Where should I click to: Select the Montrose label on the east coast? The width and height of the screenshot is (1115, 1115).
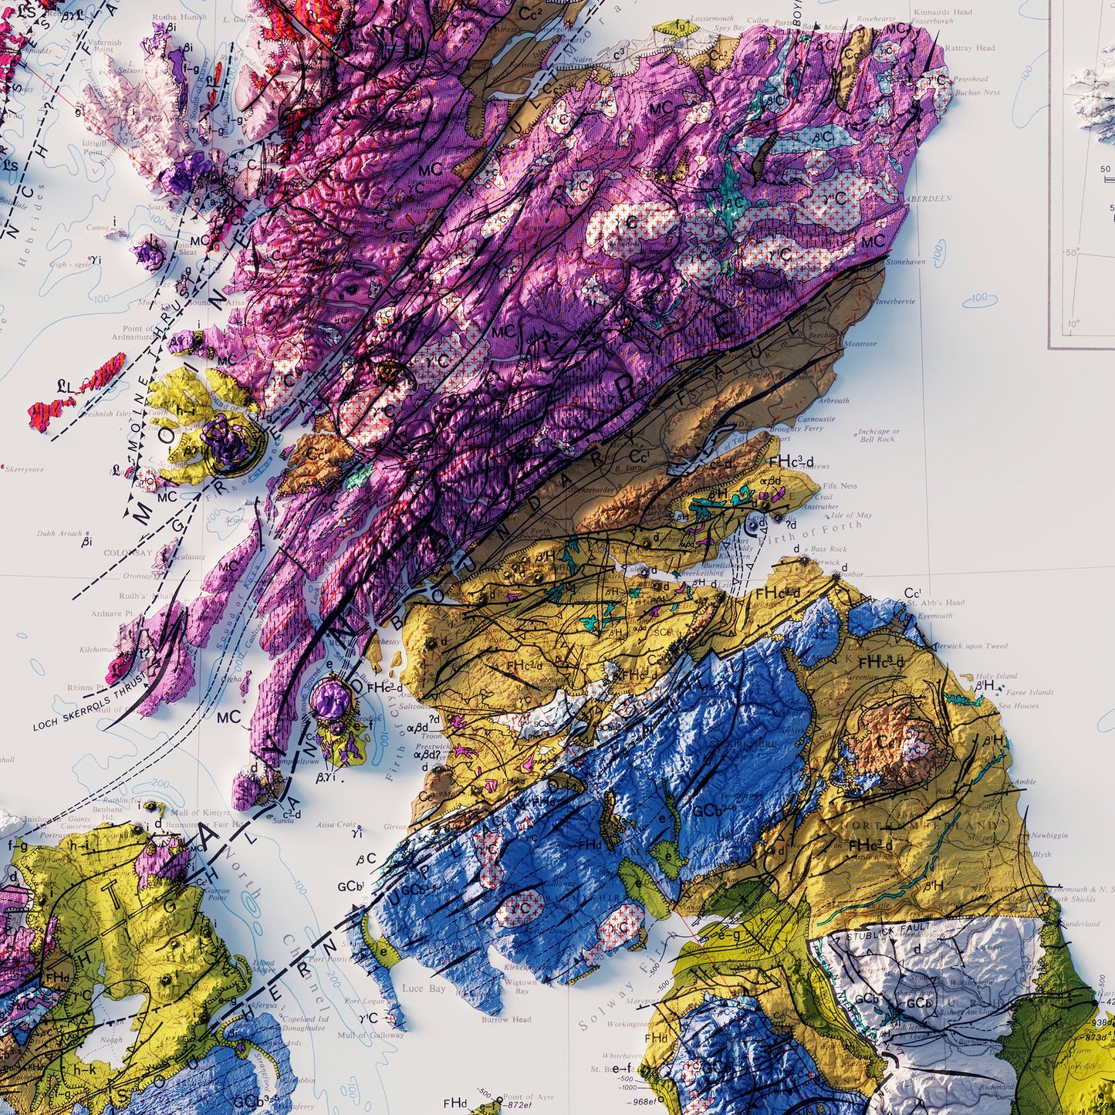(860, 344)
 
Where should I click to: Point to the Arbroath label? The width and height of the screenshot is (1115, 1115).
(834, 400)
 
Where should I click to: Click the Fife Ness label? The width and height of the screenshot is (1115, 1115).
(840, 486)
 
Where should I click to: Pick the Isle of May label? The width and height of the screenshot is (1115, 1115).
(852, 515)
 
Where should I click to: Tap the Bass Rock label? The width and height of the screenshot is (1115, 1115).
(829, 549)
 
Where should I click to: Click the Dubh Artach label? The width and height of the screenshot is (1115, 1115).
(59, 533)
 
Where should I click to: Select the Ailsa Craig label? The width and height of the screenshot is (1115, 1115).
(336, 825)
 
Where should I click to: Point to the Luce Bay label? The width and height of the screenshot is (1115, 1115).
(424, 988)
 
